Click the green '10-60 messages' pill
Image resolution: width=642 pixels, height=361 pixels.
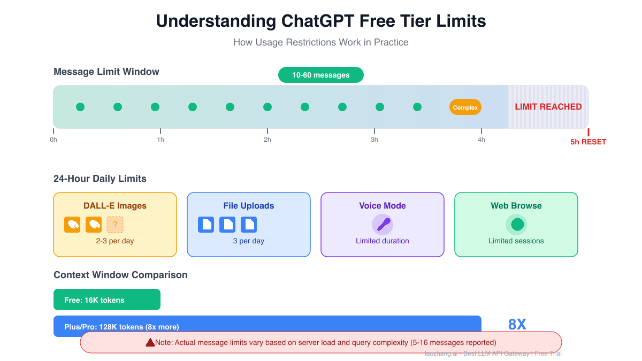[x=320, y=75]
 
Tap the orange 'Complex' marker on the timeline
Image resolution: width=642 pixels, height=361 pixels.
[x=465, y=107]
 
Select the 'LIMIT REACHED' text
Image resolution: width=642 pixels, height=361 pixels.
[x=548, y=107]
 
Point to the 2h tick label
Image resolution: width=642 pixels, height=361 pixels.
[x=267, y=140]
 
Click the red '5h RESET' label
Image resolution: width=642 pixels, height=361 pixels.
[x=588, y=142]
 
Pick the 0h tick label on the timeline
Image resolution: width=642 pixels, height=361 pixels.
[x=53, y=140]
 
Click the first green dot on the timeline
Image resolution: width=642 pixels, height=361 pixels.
[x=80, y=107]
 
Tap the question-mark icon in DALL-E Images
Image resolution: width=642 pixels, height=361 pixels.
[x=115, y=225]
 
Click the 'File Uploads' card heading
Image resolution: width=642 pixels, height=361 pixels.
[x=249, y=206]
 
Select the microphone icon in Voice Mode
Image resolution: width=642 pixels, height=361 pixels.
[x=383, y=224]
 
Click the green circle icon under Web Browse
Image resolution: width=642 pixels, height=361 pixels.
[x=516, y=224]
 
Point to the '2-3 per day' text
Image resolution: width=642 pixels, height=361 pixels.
[x=115, y=241]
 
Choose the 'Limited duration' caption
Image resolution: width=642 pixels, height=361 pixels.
[x=383, y=241]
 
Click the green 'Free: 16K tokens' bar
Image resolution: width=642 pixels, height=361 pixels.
[x=107, y=299]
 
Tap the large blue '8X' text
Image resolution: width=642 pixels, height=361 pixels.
[x=517, y=325]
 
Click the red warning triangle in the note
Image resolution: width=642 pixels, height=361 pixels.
[x=150, y=342]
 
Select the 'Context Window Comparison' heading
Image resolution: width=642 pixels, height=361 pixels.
[x=120, y=275]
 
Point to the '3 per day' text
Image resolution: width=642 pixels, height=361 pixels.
[x=249, y=241]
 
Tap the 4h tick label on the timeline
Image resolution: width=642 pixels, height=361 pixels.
[x=481, y=140]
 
